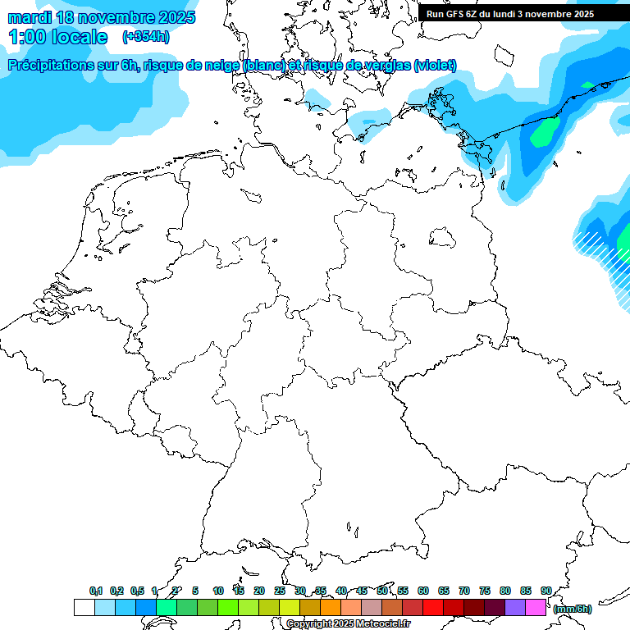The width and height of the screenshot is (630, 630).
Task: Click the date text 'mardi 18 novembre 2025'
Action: coord(102,17)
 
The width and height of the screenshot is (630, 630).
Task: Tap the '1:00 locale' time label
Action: coord(58,37)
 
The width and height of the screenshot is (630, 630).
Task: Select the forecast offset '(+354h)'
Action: coord(146,37)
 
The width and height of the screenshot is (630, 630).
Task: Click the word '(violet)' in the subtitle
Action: coord(436,65)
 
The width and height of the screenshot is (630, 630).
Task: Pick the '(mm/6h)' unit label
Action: coord(572,609)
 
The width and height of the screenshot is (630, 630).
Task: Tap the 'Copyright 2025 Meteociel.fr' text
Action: coord(348,624)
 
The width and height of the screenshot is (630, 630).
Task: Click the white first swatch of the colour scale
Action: coord(84,607)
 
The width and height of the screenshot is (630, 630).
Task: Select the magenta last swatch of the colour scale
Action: coord(535,607)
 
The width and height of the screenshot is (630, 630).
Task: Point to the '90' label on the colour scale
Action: coord(546,591)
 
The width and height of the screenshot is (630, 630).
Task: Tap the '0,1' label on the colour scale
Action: coord(96,591)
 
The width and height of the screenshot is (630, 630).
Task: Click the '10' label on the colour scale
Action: coord(217,591)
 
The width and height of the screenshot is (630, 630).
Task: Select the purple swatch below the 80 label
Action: coord(514,607)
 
